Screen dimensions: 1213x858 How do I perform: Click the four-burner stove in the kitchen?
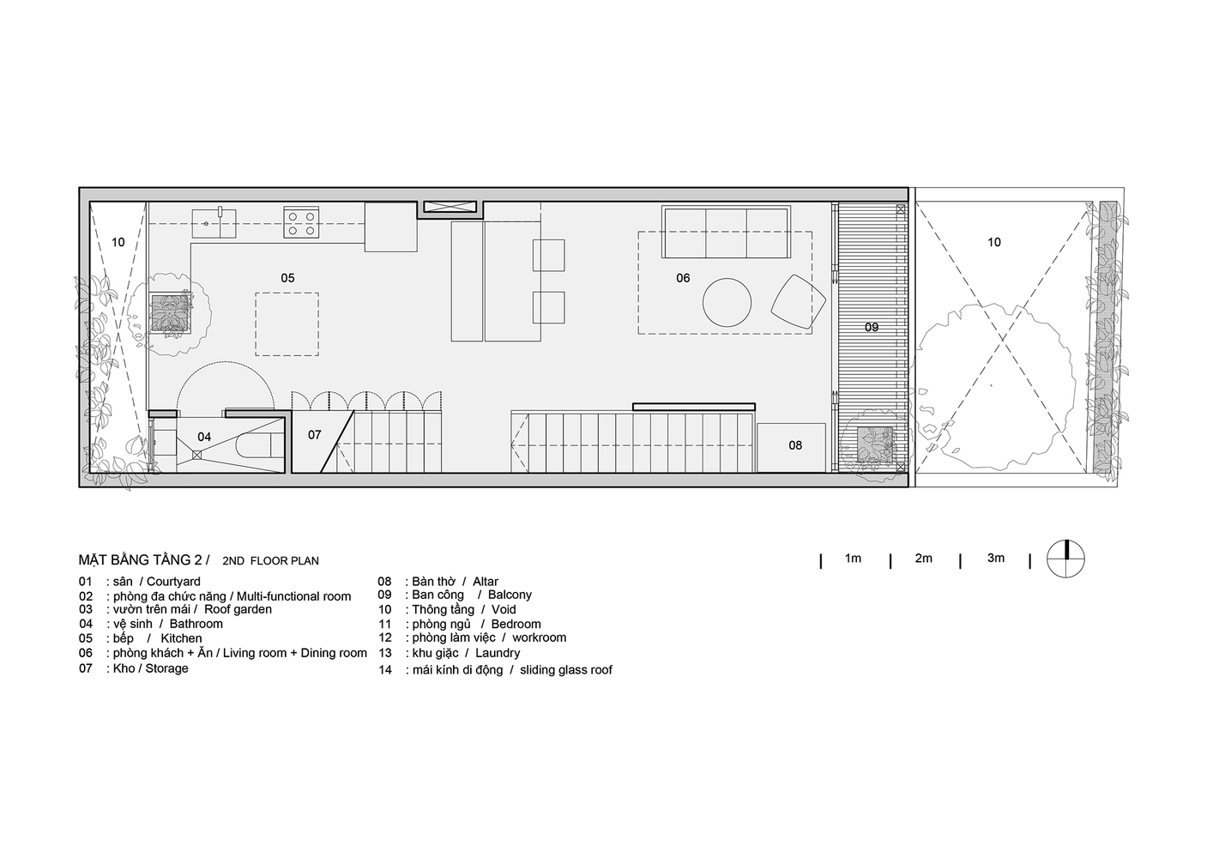(301, 223)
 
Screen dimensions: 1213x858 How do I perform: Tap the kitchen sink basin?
(214, 223)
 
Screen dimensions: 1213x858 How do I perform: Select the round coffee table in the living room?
(727, 302)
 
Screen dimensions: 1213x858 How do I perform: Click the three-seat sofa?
(727, 232)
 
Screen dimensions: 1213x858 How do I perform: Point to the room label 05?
(287, 278)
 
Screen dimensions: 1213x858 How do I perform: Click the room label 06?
(683, 278)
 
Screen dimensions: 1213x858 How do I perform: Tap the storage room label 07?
(315, 434)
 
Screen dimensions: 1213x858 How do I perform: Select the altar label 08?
(795, 445)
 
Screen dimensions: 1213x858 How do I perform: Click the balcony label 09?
(872, 327)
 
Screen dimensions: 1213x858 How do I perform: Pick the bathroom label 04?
(204, 437)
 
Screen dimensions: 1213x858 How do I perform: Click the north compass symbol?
(1065, 559)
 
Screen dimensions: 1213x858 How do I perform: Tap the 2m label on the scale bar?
(923, 558)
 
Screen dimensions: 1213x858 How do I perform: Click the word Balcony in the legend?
(510, 595)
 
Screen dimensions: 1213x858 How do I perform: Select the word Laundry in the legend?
(498, 653)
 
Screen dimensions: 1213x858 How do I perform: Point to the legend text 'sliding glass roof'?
(566, 669)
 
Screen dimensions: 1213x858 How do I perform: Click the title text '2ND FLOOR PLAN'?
(270, 560)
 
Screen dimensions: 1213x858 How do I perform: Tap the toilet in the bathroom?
(259, 445)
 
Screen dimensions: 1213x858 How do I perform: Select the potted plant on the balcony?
(874, 444)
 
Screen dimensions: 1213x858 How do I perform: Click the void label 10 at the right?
(994, 242)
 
